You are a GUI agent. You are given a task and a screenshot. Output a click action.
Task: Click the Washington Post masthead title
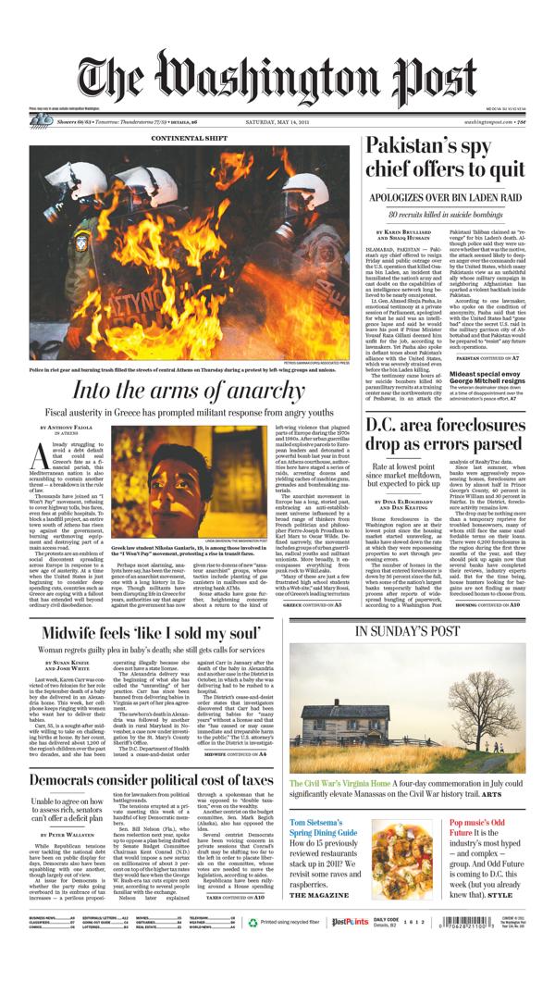point(277,79)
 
